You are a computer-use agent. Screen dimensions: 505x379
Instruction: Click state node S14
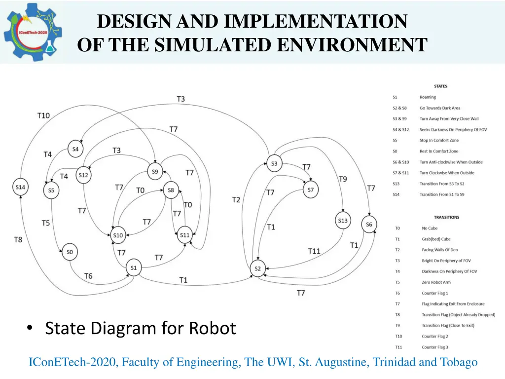20,187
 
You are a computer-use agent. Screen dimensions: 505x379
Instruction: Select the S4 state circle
75,149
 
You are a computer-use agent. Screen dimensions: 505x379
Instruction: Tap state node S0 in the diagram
70,252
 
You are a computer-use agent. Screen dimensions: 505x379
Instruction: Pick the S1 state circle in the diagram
133,268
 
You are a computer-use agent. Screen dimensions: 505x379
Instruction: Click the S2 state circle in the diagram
257,269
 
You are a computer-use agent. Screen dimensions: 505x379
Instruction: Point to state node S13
343,221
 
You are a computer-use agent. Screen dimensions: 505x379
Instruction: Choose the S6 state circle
369,225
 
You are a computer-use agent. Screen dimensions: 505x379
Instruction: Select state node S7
310,190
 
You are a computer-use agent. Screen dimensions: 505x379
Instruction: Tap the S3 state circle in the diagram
274,163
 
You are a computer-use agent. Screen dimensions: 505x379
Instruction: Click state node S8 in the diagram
171,190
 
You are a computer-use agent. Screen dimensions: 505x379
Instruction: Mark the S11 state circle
184,235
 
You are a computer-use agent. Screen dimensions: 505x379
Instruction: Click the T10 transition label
43,115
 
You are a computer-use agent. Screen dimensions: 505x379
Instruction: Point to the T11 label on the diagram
314,251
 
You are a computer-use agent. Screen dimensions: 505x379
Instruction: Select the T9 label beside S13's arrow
343,179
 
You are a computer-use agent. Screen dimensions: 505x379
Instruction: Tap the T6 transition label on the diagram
88,276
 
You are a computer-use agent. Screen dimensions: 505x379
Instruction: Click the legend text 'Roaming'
428,97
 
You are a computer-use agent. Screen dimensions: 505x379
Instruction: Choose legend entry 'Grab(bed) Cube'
436,239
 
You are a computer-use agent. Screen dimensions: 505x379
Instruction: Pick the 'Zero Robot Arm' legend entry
436,282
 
